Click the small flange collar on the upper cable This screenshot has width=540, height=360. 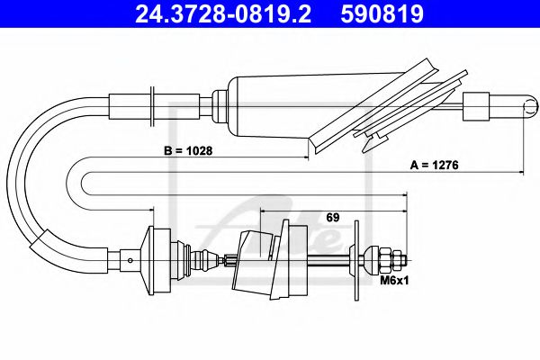[155, 101]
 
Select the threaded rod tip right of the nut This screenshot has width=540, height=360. [402, 262]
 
